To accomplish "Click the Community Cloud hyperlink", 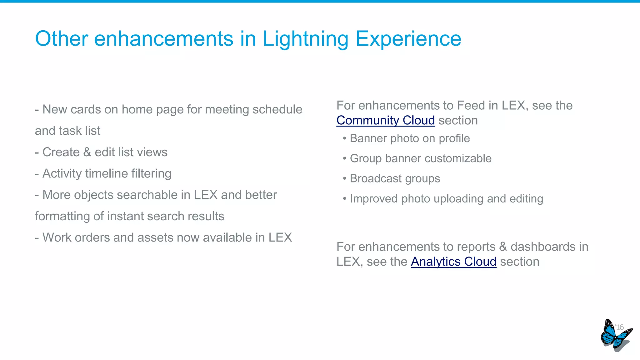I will point(385,120).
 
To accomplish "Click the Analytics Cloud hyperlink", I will point(453,262).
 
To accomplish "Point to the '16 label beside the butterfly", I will point(619,327).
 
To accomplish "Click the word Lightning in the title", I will point(305,39).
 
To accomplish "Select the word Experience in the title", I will point(408,39).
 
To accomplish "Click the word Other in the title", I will point(62,39).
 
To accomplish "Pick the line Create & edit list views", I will point(101,152).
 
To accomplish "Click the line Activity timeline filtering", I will point(103,173).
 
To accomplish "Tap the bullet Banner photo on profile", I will point(409,138).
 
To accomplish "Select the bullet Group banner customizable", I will point(420,158).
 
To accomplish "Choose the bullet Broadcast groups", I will point(395,178).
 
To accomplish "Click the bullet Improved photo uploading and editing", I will point(446,199).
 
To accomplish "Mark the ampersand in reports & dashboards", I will point(503,247).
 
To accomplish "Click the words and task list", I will point(67,131).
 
